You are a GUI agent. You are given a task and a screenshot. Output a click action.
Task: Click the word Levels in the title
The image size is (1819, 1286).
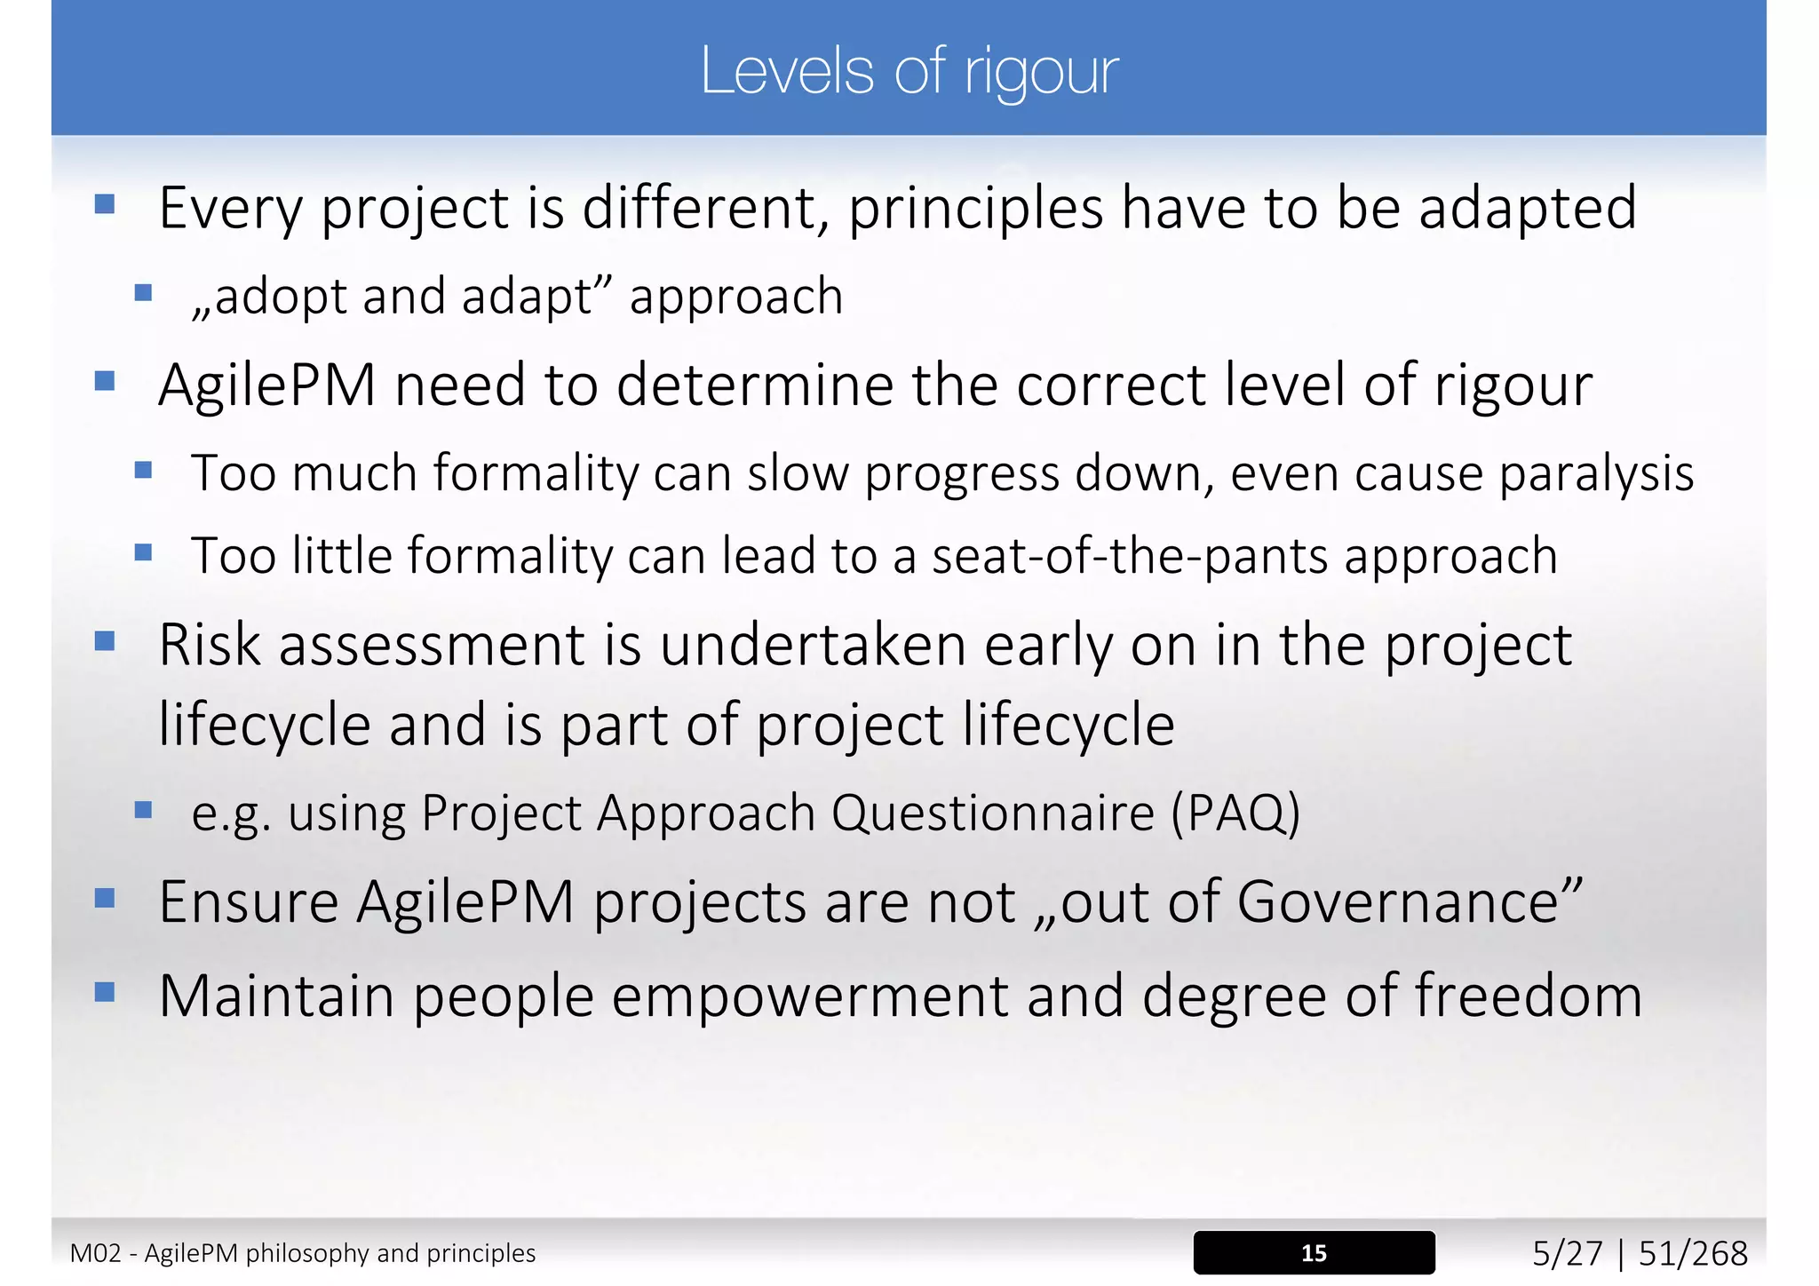point(787,71)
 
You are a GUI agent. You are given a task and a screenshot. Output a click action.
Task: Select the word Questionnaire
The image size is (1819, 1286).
point(992,813)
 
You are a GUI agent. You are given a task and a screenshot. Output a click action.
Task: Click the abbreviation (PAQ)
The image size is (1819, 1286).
point(1235,813)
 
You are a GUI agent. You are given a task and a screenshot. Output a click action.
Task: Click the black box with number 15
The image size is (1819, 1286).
point(1314,1252)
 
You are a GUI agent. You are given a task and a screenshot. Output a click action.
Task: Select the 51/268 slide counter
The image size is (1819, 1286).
point(1693,1253)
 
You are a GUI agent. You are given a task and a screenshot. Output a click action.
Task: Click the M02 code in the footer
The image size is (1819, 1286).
point(95,1253)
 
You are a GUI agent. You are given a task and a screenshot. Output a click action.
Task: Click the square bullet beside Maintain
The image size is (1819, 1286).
point(105,991)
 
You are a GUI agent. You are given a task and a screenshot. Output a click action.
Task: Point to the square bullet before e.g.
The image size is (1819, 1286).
point(143,809)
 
